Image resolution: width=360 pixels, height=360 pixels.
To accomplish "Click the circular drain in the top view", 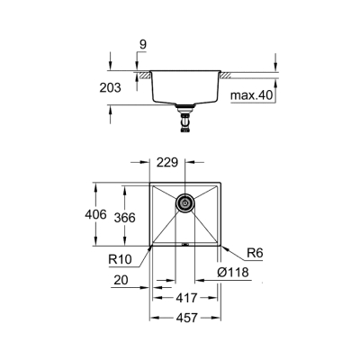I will coord(184,203).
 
